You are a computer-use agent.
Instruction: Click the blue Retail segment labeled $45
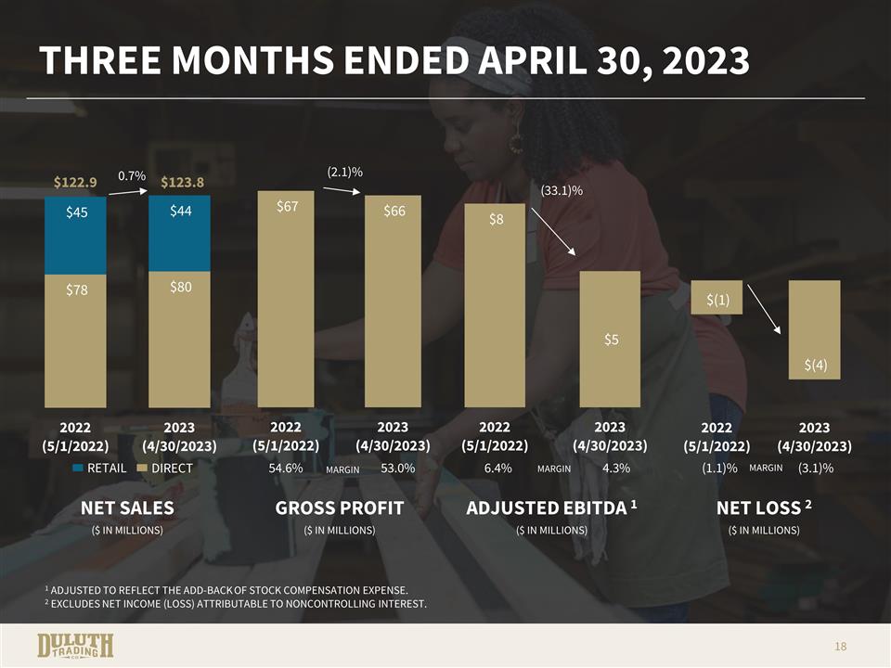pos(75,236)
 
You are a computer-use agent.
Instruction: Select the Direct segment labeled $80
pos(179,340)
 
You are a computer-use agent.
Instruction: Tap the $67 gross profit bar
pos(286,299)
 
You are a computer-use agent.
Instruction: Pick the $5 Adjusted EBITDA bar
pos(610,340)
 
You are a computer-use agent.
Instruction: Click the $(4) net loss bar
pos(814,329)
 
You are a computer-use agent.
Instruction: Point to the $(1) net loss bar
pos(717,297)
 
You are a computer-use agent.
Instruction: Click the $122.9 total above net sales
pos(75,183)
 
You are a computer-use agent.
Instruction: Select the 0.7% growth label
pos(132,176)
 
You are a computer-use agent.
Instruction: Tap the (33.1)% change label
pos(562,190)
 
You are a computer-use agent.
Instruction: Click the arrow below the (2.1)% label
pos(342,190)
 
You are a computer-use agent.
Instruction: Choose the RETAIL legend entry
pos(99,468)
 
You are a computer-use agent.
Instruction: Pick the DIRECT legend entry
pos(165,468)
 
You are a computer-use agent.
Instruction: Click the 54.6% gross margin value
pos(285,468)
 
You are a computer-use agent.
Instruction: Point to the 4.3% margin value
pos(616,468)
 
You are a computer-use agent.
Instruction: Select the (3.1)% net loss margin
pos(816,468)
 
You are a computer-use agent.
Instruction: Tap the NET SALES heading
pos(127,507)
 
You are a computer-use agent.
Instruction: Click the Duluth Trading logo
pos(75,646)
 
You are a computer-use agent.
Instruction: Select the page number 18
pos(841,646)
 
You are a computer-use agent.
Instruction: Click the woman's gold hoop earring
pos(516,142)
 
